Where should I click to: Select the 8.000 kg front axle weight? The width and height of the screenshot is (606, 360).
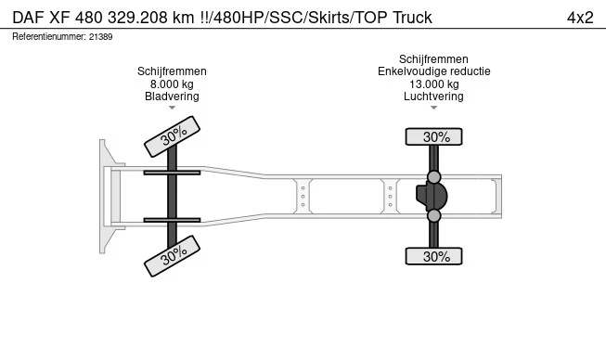pos(172,84)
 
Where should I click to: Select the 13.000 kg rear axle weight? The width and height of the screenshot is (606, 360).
pos(433,84)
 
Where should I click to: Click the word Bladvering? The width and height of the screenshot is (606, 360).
pos(172,96)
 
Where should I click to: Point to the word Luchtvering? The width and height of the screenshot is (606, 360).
pos(433,96)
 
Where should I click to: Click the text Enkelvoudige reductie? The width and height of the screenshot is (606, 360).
pos(433,71)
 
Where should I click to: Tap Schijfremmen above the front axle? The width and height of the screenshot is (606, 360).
pos(172,71)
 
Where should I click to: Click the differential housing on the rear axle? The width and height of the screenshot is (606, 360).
pos(432,197)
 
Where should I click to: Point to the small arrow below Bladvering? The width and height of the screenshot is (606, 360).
pos(172,108)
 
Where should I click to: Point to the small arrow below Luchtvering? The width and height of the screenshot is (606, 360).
pos(433,108)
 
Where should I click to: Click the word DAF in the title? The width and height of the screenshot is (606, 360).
pos(30,18)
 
